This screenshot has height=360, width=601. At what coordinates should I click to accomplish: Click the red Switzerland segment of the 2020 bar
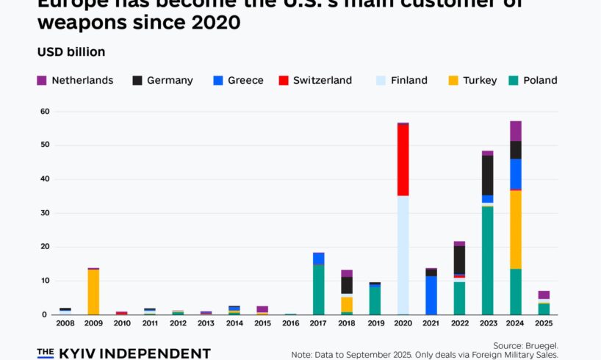pos(403,159)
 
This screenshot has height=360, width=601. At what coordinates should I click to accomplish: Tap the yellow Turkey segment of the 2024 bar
pos(516,230)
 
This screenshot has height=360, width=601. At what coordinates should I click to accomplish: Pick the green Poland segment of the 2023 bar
pos(487,261)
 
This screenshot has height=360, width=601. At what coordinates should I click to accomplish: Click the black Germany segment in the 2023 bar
pos(487,175)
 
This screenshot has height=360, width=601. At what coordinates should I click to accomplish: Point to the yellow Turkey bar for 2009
pos(93,292)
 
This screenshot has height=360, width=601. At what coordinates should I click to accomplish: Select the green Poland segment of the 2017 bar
pos(319,289)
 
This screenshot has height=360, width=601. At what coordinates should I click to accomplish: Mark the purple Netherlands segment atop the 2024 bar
pos(516,131)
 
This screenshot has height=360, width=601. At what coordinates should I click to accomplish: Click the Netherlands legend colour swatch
pos(42,80)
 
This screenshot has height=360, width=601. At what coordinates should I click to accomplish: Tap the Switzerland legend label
pos(323,80)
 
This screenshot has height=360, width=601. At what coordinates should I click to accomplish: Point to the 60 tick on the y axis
pos(44,112)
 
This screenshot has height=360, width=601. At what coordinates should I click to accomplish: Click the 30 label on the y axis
pos(44,213)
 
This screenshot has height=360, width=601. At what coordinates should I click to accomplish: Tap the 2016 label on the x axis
pos(291,323)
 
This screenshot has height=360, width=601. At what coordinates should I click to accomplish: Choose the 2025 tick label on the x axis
pos(544,323)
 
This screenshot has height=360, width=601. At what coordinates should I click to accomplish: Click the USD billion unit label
pos(71,52)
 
